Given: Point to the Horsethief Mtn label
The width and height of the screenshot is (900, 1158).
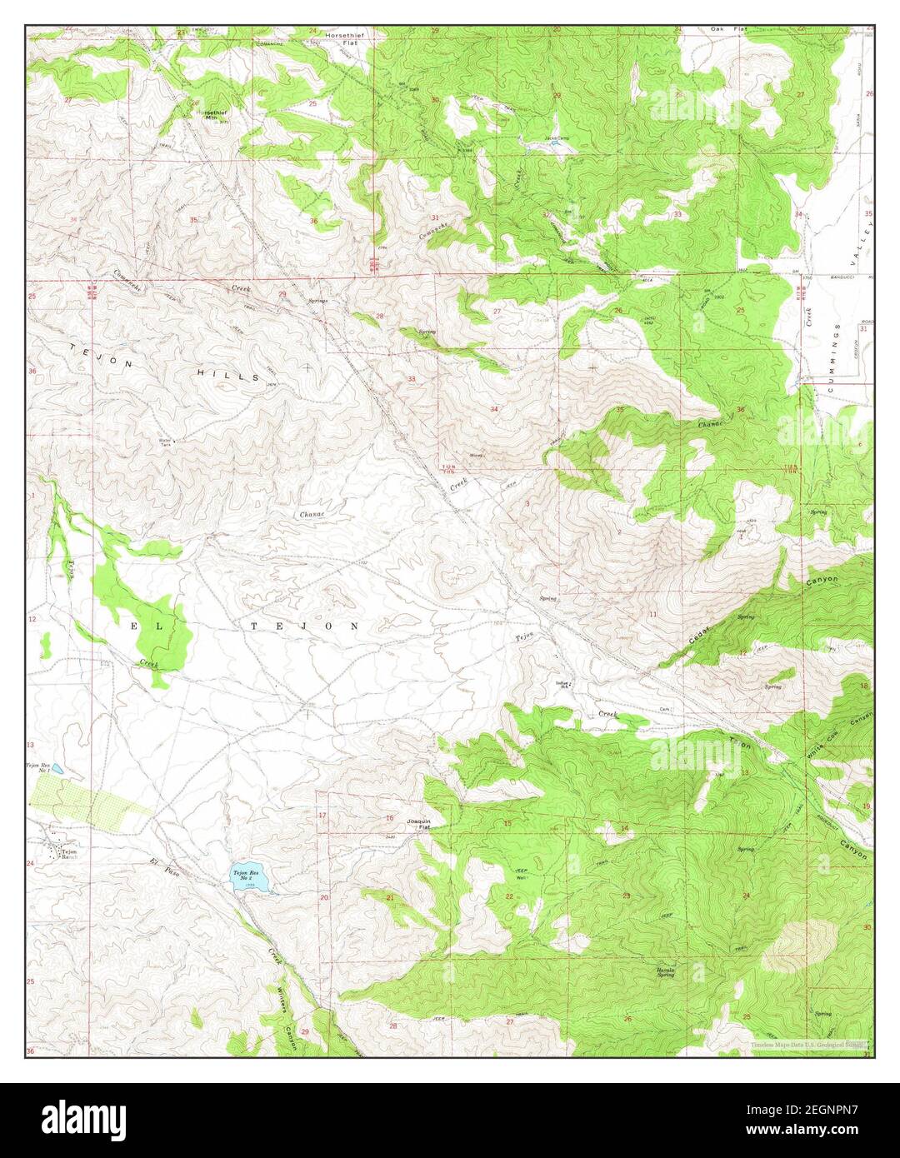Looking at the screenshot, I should (210, 113).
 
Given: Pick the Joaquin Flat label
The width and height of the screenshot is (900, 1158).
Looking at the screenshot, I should (417, 824).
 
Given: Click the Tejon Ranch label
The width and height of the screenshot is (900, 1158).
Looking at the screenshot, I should (68, 854).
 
